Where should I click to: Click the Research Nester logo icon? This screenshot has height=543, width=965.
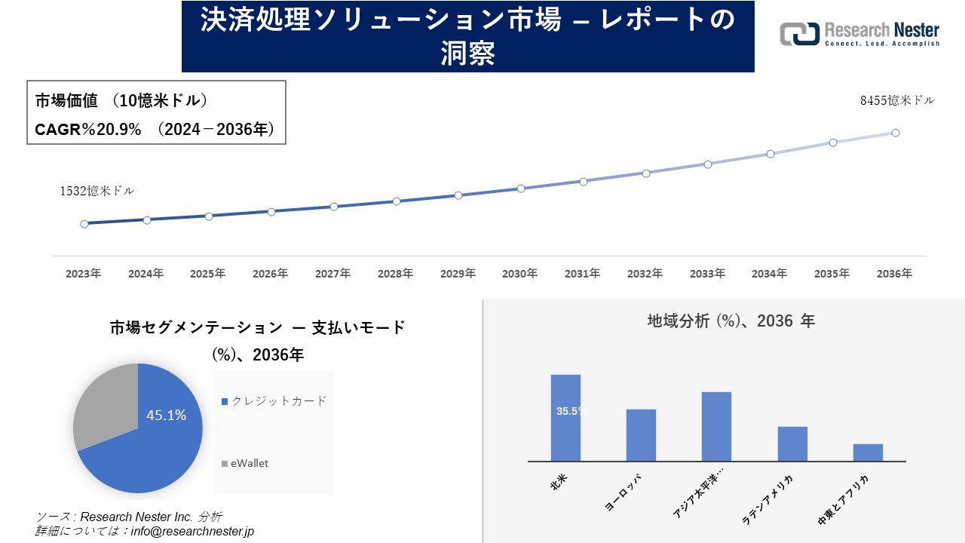click(x=799, y=35)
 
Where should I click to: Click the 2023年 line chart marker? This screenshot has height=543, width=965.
click(x=84, y=224)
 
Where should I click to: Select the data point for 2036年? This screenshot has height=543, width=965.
click(x=896, y=133)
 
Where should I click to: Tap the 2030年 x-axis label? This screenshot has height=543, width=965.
click(x=520, y=274)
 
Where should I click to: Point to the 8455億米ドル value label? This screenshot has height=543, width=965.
click(x=897, y=100)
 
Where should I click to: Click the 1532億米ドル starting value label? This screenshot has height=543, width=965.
click(x=97, y=191)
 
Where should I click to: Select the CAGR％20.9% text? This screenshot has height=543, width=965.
click(x=88, y=130)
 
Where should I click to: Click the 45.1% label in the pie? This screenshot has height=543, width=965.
click(x=166, y=416)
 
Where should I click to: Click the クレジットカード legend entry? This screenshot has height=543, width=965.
click(x=274, y=401)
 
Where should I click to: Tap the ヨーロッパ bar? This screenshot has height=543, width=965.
click(x=641, y=434)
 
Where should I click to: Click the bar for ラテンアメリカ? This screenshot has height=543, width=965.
click(x=792, y=443)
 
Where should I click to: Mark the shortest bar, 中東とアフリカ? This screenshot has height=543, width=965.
click(x=868, y=452)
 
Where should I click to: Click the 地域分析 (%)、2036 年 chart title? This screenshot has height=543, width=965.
click(x=731, y=321)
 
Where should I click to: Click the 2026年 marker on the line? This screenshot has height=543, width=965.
click(x=271, y=212)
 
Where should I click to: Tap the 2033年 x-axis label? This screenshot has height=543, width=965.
click(x=706, y=274)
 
